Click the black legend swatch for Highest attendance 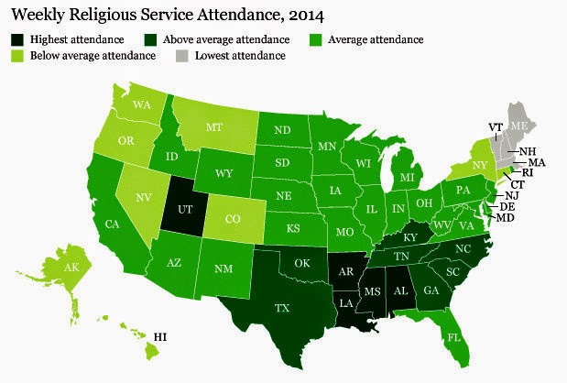[18, 39]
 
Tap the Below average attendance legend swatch [18, 57]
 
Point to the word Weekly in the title [40, 15]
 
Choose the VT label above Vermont [496, 126]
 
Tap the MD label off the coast [506, 219]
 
